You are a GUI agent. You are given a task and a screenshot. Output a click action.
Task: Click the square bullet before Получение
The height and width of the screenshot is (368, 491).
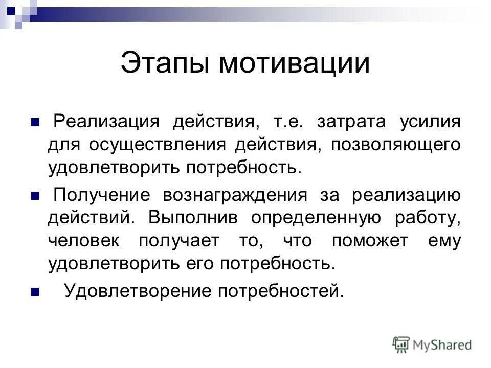[x=35, y=196]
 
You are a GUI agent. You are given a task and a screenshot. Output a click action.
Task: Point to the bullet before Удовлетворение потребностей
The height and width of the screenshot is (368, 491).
[x=35, y=293]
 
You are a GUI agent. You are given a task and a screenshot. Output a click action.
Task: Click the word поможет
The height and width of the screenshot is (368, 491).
[x=369, y=241]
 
